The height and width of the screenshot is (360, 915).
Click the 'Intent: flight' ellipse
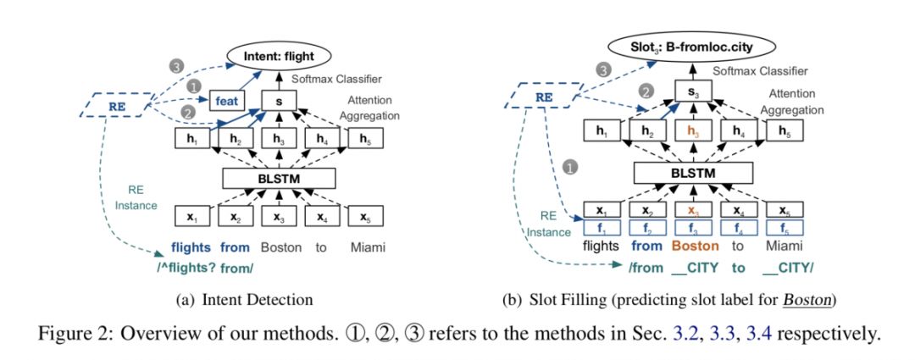point(279,57)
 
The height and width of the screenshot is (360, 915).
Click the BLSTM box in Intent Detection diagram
point(279,179)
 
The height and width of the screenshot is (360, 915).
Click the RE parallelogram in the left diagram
point(116,105)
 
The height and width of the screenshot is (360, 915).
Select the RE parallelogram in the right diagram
point(543,96)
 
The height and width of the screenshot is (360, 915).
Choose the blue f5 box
point(785,227)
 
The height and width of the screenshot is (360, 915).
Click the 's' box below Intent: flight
point(279,100)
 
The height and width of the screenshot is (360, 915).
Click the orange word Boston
point(694,246)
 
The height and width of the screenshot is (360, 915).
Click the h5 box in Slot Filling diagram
point(785,132)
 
